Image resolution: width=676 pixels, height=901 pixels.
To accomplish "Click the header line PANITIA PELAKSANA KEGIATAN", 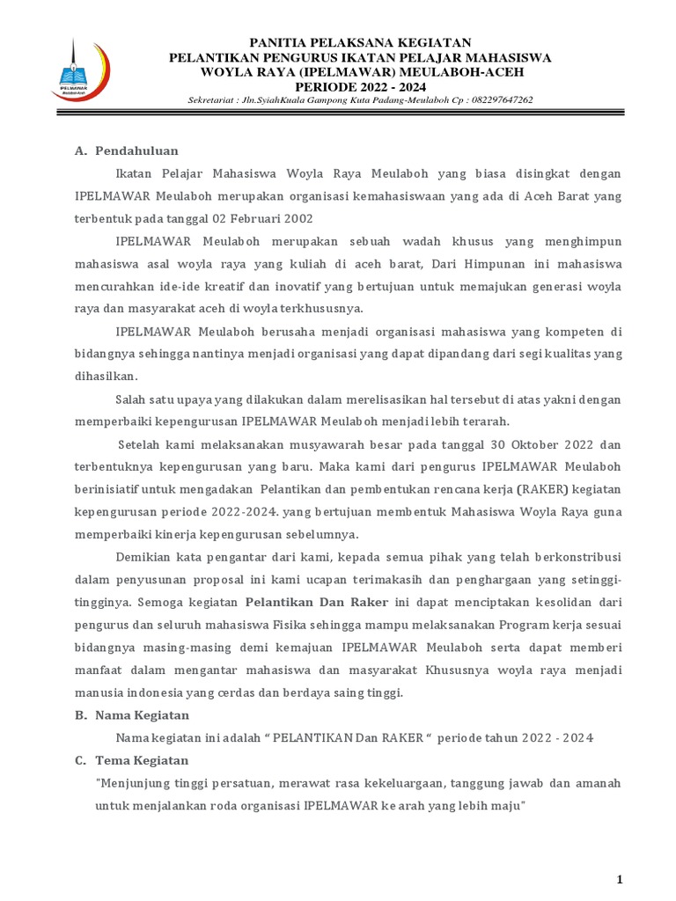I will point(361,43).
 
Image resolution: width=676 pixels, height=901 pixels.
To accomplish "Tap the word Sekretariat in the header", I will point(215,99).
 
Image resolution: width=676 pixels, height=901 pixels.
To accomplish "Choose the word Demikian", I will point(143,557).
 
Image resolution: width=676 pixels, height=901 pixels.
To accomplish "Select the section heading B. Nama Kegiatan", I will point(132,715).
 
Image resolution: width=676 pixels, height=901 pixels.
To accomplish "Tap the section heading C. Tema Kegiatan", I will point(131,760).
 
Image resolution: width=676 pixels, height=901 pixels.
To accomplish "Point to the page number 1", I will point(620,880).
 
